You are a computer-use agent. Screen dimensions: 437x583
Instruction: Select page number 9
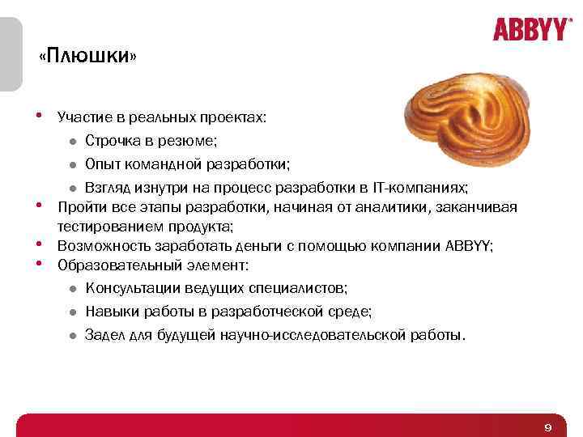point(548,426)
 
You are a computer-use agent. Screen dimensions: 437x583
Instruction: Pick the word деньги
point(257,245)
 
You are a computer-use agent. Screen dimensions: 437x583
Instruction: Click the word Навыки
point(110,312)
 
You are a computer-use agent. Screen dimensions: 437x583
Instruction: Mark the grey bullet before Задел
point(72,334)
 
